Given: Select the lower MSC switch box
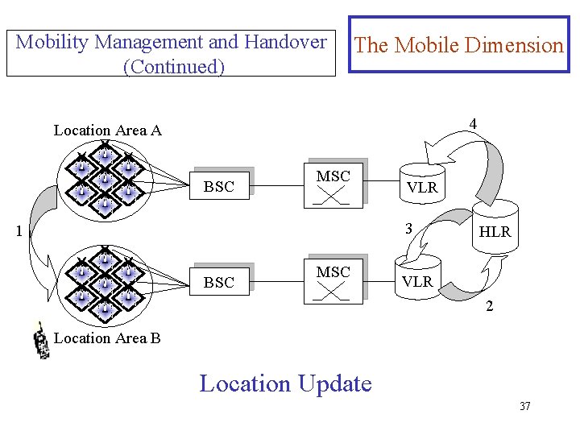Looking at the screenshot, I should pyautogui.click(x=333, y=281).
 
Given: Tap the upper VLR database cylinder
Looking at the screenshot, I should pyautogui.click(x=421, y=184).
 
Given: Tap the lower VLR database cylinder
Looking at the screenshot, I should pyautogui.click(x=417, y=278).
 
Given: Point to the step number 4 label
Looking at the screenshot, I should pyautogui.click(x=473, y=124).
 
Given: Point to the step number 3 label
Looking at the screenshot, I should pyautogui.click(x=409, y=228).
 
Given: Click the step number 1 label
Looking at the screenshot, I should pyautogui.click(x=19, y=232).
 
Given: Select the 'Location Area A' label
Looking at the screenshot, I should pyautogui.click(x=107, y=130).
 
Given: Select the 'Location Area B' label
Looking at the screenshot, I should pyautogui.click(x=107, y=338).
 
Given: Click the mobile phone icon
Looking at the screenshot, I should pyautogui.click(x=41, y=340).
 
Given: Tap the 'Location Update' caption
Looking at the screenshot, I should pyautogui.click(x=285, y=383).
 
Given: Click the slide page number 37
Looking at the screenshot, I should pyautogui.click(x=524, y=406).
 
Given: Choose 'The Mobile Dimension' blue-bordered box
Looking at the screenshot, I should pyautogui.click(x=458, y=45).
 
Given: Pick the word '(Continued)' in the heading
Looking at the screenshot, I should pyautogui.click(x=173, y=66).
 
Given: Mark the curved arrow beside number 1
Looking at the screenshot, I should pyautogui.click(x=40, y=234).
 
